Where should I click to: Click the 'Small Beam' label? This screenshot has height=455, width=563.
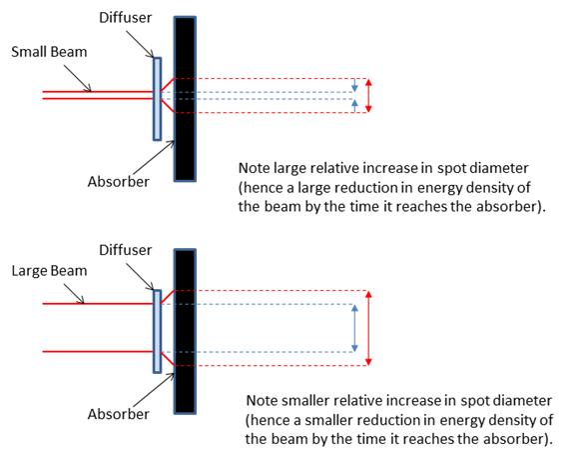click(49, 52)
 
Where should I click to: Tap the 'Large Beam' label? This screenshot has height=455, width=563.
click(49, 271)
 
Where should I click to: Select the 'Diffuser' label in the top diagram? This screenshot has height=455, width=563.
click(126, 18)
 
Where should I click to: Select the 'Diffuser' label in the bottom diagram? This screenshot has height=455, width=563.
click(126, 250)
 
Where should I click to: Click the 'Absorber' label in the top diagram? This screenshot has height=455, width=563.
click(119, 182)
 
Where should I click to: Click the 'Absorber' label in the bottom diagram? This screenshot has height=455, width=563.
click(119, 414)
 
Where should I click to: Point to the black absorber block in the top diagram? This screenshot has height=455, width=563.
click(185, 99)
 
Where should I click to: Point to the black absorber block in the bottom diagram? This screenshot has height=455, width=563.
click(185, 331)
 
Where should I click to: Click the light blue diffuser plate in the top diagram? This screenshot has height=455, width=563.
click(157, 99)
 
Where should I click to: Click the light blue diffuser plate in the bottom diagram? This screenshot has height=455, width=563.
click(157, 331)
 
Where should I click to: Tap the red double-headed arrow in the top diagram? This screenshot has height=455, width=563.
click(368, 96)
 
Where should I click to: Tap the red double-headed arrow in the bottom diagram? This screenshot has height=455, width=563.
click(368, 328)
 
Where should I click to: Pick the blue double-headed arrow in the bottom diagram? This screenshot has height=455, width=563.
click(354, 328)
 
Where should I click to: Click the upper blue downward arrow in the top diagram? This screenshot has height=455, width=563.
click(354, 85)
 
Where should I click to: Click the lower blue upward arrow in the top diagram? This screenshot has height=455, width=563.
click(354, 106)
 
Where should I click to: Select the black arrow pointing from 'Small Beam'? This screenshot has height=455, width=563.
click(78, 78)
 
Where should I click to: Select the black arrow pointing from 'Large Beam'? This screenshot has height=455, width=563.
click(74, 294)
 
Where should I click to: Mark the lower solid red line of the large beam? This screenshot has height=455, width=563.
click(98, 351)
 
